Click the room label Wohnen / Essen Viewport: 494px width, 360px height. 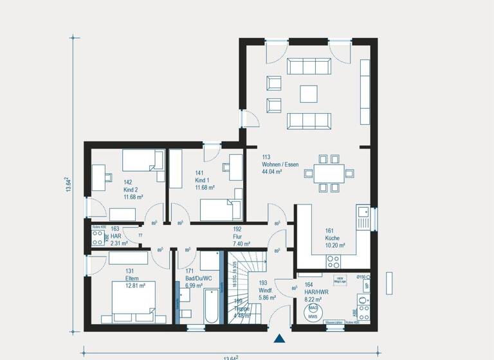click(x=280, y=165)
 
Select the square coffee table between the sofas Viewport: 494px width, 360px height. click(x=309, y=94)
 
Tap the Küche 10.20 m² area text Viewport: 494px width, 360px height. click(x=335, y=242)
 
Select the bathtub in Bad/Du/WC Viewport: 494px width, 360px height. click(x=210, y=307)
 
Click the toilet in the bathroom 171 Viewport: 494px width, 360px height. click(x=187, y=313)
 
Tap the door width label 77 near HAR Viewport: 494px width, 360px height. click(x=140, y=236)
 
